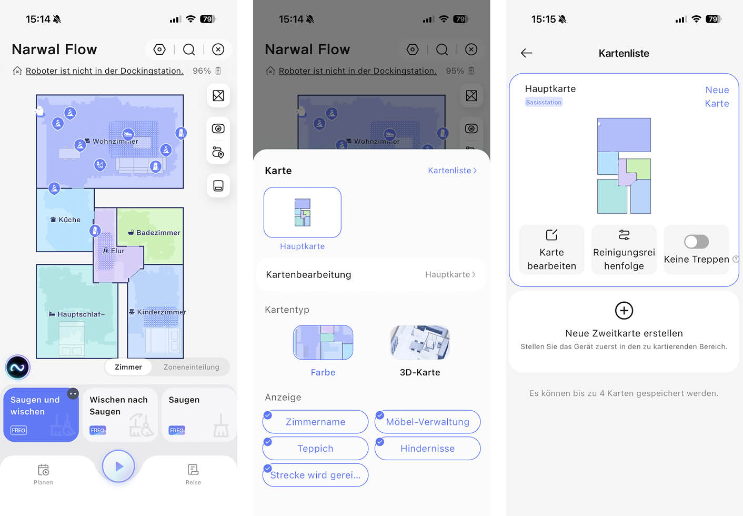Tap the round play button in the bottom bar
[118, 466]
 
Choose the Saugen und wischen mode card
[41, 415]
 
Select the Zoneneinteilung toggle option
[191, 367]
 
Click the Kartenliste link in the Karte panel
[452, 171]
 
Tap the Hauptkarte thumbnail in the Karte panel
[302, 213]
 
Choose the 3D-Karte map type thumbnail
[419, 343]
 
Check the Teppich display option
[315, 449]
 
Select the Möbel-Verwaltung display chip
[427, 422]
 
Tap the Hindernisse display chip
[427, 449]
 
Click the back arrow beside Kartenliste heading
[526, 53]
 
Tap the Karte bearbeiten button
[551, 250]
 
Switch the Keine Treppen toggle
[696, 242]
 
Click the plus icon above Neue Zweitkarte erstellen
[624, 311]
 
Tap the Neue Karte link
[717, 96]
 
